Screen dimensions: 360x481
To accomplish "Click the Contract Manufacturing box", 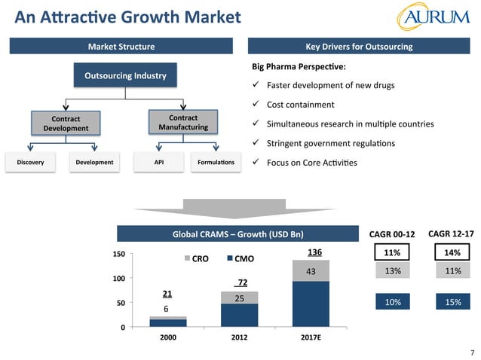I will point(182,123).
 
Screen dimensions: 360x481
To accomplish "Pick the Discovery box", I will point(30,162).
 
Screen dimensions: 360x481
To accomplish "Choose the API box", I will point(158,162).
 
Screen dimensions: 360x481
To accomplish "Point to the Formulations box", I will point(216,162).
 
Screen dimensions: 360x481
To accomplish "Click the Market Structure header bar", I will point(121,47).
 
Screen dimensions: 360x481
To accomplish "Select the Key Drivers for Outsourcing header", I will point(359,47).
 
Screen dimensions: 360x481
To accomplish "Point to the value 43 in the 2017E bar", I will point(311,271).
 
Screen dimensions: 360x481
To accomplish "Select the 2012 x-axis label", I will point(240,338).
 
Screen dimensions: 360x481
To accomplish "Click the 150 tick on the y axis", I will point(118,255).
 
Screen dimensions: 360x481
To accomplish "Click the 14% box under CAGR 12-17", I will point(452,252).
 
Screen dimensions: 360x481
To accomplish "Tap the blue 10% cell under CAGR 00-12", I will point(393,302).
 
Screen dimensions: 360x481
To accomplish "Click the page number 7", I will point(471,352).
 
